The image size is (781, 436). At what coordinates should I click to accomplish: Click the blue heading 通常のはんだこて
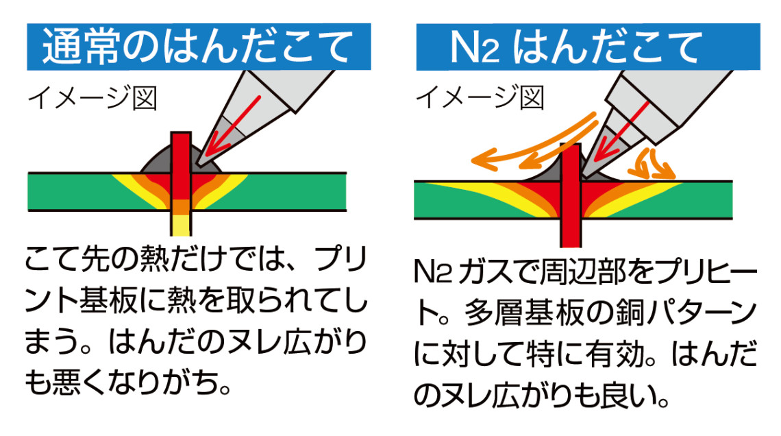[x=199, y=47]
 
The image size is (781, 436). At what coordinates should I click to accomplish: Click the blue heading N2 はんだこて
[x=575, y=47]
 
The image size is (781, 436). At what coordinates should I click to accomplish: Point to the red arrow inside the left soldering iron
[x=234, y=123]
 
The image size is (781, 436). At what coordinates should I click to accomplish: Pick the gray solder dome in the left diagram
[x=156, y=161]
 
